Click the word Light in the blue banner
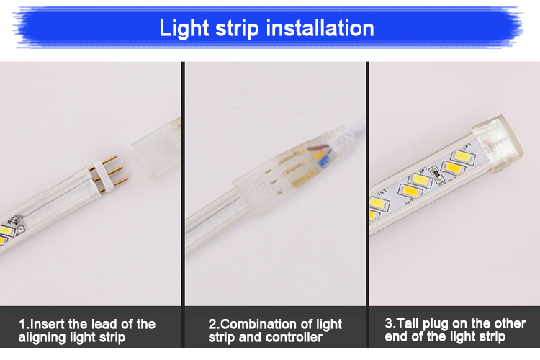pyautogui.click(x=184, y=29)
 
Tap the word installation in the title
pyautogui.click(x=320, y=28)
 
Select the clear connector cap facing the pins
pyautogui.click(x=157, y=148)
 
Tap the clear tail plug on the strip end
pyautogui.click(x=497, y=143)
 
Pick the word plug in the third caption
pyautogui.click(x=436, y=325)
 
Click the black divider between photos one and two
pyautogui.click(x=183, y=205)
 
